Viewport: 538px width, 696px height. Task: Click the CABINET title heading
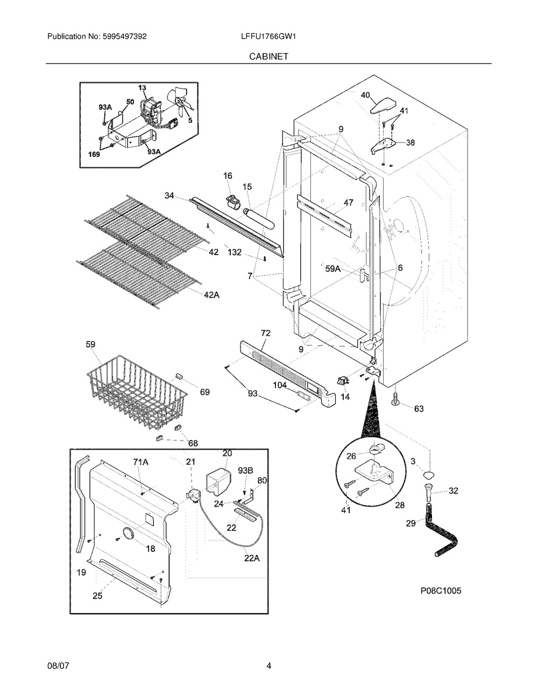(268, 56)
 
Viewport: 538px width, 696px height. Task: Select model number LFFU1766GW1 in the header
(268, 37)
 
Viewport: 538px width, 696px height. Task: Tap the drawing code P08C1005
(441, 591)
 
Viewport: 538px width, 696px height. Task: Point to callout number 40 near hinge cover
(365, 95)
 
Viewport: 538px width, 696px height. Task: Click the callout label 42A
(211, 295)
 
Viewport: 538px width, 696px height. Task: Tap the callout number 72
(265, 333)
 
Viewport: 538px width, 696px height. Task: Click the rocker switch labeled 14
(343, 381)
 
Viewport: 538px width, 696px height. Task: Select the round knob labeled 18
(128, 535)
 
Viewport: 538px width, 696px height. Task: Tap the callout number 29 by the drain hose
(411, 523)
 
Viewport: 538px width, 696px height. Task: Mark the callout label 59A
(333, 269)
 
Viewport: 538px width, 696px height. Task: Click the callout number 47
(349, 202)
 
